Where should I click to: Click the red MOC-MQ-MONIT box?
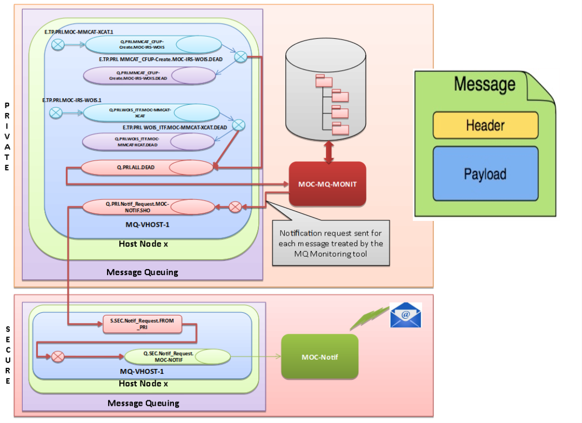pyautogui.click(x=327, y=184)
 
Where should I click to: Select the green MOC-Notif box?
pyautogui.click(x=319, y=357)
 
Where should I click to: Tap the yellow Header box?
pyautogui.click(x=485, y=125)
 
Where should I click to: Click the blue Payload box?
pyautogui.click(x=485, y=174)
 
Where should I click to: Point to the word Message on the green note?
pyautogui.click(x=484, y=84)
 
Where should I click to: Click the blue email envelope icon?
pyautogui.click(x=405, y=315)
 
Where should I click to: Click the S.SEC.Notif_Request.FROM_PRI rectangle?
pyautogui.click(x=142, y=324)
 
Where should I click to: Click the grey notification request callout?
pyautogui.click(x=331, y=243)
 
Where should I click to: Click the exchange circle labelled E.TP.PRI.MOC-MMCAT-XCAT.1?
pyautogui.click(x=58, y=45)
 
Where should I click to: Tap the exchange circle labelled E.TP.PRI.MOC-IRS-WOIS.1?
pyautogui.click(x=55, y=112)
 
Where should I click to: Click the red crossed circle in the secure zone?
pyautogui.click(x=57, y=357)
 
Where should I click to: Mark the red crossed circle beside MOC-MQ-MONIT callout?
pyautogui.click(x=235, y=206)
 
